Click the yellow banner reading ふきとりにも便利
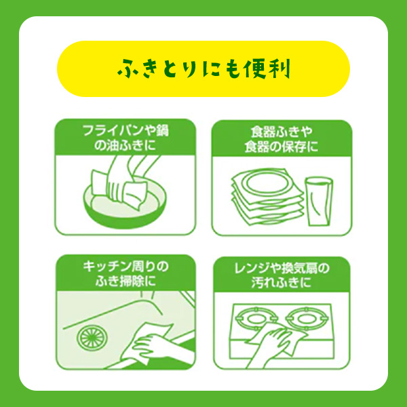pos(203,69)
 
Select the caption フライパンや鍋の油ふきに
pos(125,138)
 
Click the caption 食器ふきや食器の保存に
pos(282,139)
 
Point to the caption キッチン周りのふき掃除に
pos(125,273)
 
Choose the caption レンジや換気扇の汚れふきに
pos(282,275)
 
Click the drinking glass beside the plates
pos(319,201)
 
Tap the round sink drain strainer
pos(92,337)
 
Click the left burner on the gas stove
pos(256,318)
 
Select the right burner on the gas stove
pos(307,317)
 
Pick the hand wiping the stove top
pos(273,340)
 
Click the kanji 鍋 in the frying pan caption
pos(162,131)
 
